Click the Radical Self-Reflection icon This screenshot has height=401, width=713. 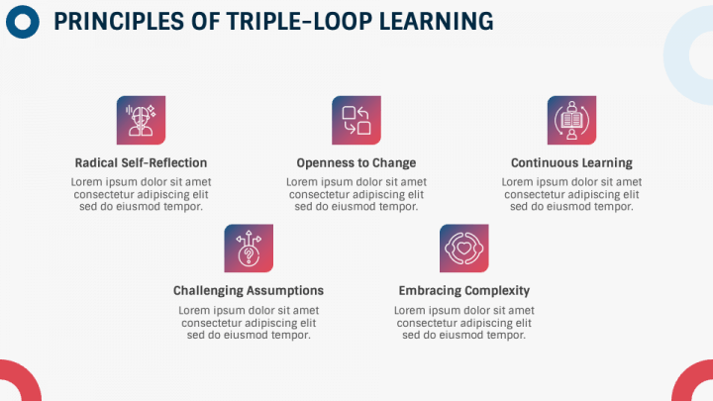coord(141,121)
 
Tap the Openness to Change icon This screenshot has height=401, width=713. coord(356,121)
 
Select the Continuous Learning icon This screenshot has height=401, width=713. coord(571,121)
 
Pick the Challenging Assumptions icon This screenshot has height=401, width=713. coord(249,249)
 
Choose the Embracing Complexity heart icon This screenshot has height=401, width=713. coord(463,249)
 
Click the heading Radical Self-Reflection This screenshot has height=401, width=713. coord(141,162)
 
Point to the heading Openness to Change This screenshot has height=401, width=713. coord(356,162)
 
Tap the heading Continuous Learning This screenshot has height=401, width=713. coord(571,162)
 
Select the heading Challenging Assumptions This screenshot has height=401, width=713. coord(249,291)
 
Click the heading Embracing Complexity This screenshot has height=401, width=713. coord(463,291)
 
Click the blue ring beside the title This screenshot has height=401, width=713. coord(21,21)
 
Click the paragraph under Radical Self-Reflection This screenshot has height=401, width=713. coord(141,194)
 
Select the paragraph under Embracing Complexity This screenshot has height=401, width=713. coord(463,323)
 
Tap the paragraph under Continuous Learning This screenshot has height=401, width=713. coord(571,194)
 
